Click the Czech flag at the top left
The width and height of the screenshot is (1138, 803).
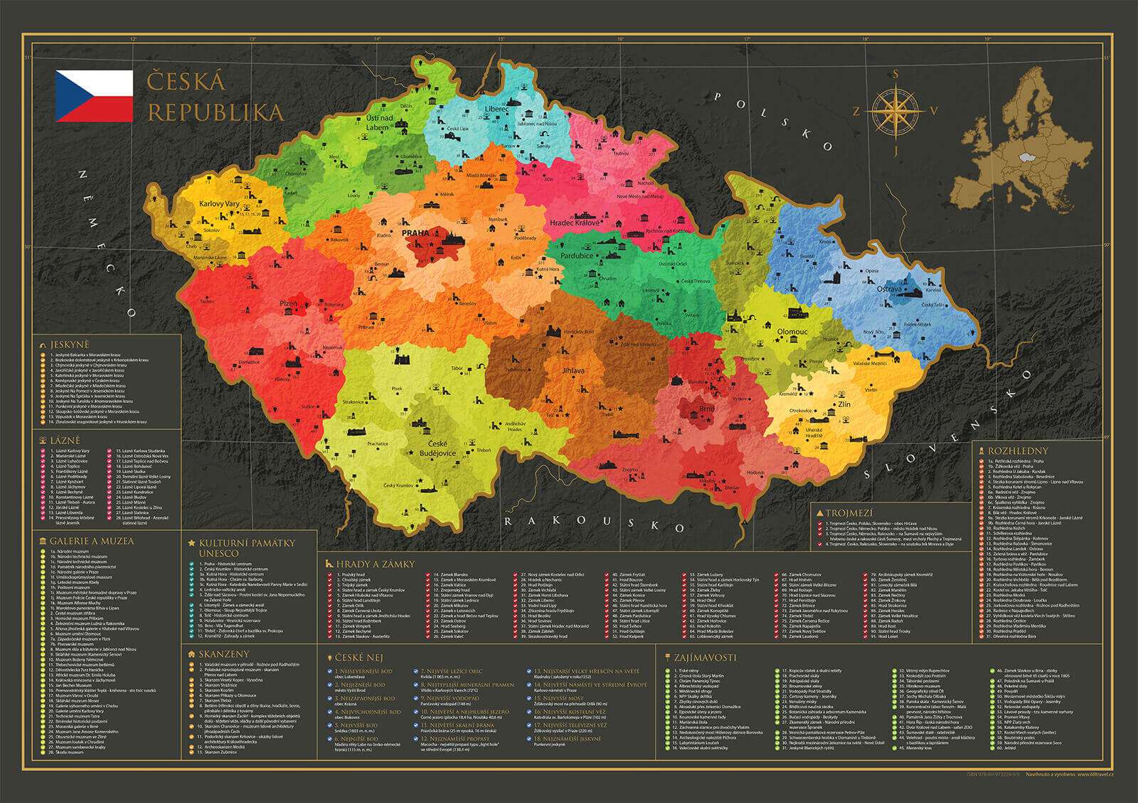(x=95, y=95)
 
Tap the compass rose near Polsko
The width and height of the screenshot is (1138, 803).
(x=895, y=110)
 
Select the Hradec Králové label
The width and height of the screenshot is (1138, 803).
(x=577, y=222)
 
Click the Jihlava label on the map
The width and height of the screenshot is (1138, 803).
(x=573, y=370)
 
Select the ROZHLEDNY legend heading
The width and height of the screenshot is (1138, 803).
(x=1008, y=451)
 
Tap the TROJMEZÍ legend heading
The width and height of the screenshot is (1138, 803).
(x=849, y=512)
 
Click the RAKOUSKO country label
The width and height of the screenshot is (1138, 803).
(x=583, y=524)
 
